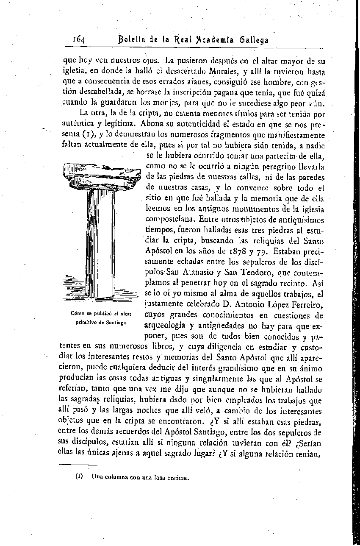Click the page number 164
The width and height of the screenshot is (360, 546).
point(79,39)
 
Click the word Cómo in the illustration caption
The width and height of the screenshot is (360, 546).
point(79,314)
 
